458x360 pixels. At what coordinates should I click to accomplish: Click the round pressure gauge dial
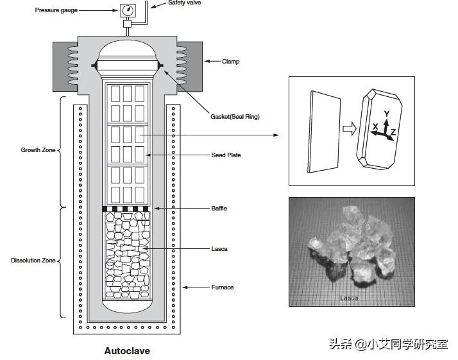tap(128, 11)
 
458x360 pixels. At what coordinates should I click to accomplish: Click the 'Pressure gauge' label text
tap(56, 11)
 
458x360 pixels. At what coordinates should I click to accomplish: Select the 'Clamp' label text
tap(230, 62)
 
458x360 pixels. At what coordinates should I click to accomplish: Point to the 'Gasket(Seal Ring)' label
tap(235, 117)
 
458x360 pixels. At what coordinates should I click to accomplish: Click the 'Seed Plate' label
tap(226, 155)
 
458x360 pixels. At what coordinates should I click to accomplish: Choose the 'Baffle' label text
tap(219, 209)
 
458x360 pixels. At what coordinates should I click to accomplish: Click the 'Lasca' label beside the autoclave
tap(219, 248)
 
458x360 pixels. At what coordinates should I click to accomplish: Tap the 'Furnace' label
tap(223, 287)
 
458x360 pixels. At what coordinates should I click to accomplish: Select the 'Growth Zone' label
tap(38, 151)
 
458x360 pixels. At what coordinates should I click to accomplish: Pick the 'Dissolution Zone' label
tap(33, 261)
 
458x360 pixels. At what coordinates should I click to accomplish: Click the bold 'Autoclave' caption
tap(127, 351)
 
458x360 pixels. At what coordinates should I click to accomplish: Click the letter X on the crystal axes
tap(375, 127)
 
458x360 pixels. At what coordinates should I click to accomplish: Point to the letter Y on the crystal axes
tap(386, 114)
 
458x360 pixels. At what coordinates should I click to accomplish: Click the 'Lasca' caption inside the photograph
tap(350, 298)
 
